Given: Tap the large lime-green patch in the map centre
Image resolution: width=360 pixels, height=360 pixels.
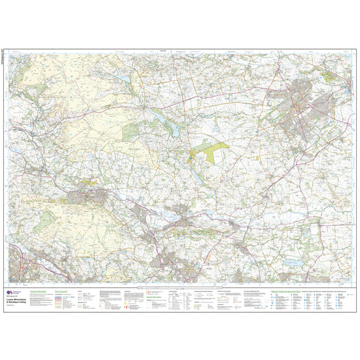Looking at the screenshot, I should point(208,151).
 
